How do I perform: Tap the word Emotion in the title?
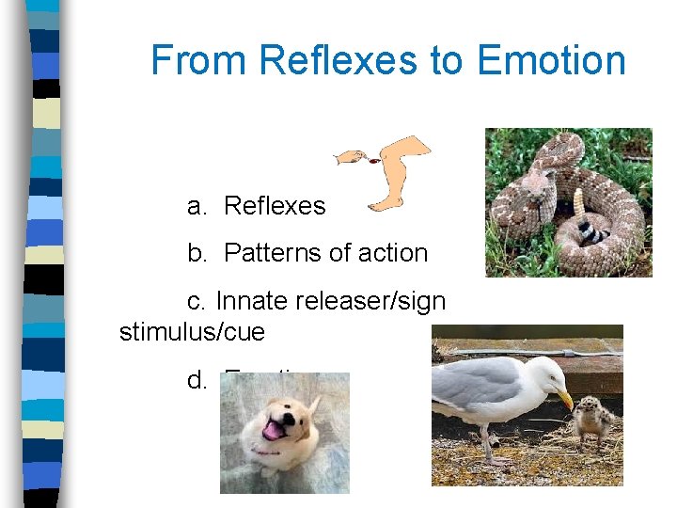pos(551,60)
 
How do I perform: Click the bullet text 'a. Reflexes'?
pos(256,206)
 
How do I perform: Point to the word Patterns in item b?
pos(273,253)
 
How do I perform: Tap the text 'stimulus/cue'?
pos(192,332)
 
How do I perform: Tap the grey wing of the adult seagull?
pos(480,386)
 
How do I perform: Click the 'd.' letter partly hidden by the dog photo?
pos(197,380)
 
